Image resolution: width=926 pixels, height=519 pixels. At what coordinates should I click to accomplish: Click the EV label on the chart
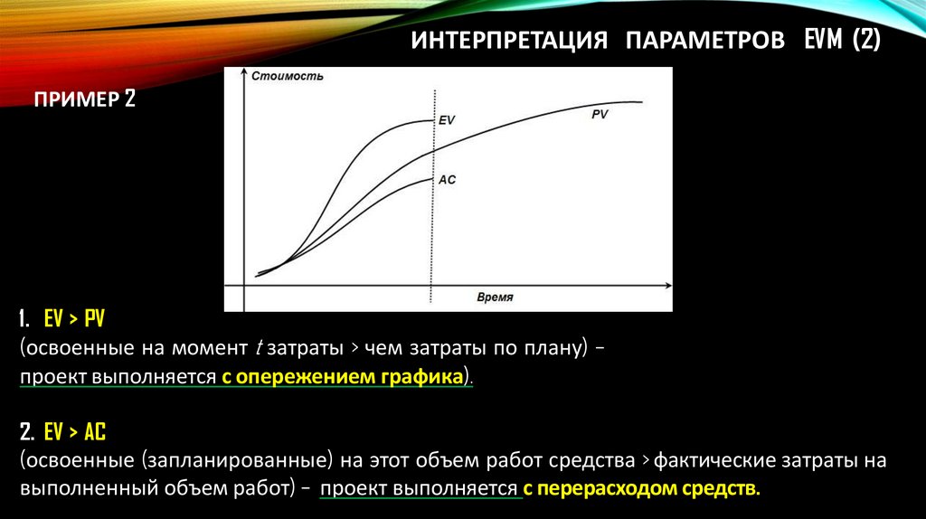click(447, 120)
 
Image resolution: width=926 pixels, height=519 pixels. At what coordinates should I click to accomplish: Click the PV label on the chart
click(600, 115)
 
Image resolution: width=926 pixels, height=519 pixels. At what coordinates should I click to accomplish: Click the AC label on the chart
click(447, 180)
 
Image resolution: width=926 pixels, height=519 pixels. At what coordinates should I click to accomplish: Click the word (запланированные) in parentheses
click(239, 460)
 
